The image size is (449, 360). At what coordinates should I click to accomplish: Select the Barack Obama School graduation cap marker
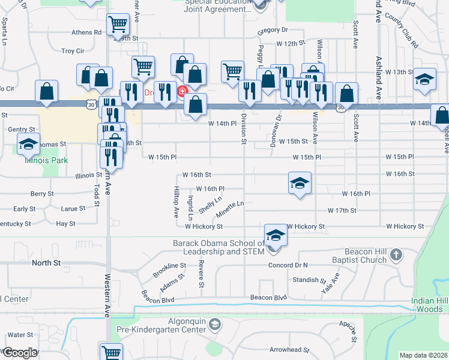point(276,235)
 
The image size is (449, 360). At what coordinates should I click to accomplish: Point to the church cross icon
point(396,255)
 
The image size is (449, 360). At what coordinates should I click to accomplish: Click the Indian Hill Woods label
point(430,304)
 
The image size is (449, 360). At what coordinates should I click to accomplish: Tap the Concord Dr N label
point(288,265)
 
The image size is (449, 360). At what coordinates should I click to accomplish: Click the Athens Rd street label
point(87,32)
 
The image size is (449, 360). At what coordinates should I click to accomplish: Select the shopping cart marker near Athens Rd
point(118,25)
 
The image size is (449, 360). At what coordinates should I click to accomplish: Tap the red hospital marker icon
point(181,91)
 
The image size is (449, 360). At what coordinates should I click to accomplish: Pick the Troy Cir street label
point(73,51)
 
